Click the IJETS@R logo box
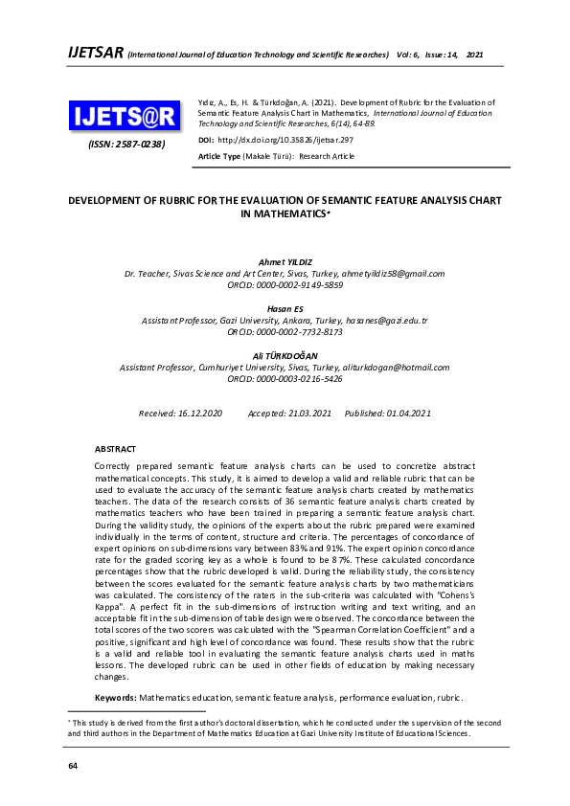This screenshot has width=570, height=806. tap(124, 117)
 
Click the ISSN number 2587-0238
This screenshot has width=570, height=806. tap(127, 145)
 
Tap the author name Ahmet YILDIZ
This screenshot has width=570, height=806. tap(285, 261)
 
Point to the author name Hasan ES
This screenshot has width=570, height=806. tap(285, 309)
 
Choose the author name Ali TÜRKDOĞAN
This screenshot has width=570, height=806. tap(285, 355)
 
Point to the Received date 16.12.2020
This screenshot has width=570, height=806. tap(200, 413)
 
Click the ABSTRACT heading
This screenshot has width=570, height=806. tap(115, 448)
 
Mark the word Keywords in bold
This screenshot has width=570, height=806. tap(115, 699)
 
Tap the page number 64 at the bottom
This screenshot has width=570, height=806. tap(72, 767)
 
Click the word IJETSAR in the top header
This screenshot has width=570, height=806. tap(96, 53)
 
